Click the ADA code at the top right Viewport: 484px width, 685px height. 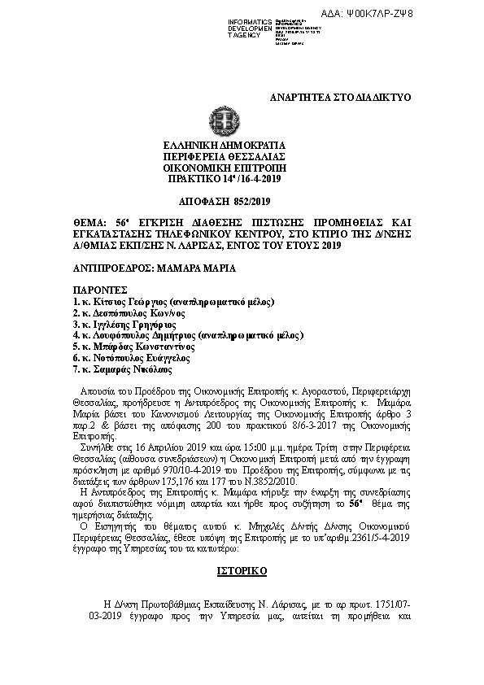click(x=432, y=15)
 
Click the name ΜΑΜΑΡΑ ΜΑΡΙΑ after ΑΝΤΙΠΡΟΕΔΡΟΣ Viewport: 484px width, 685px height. click(x=191, y=267)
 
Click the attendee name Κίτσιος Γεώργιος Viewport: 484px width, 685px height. click(x=122, y=301)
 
